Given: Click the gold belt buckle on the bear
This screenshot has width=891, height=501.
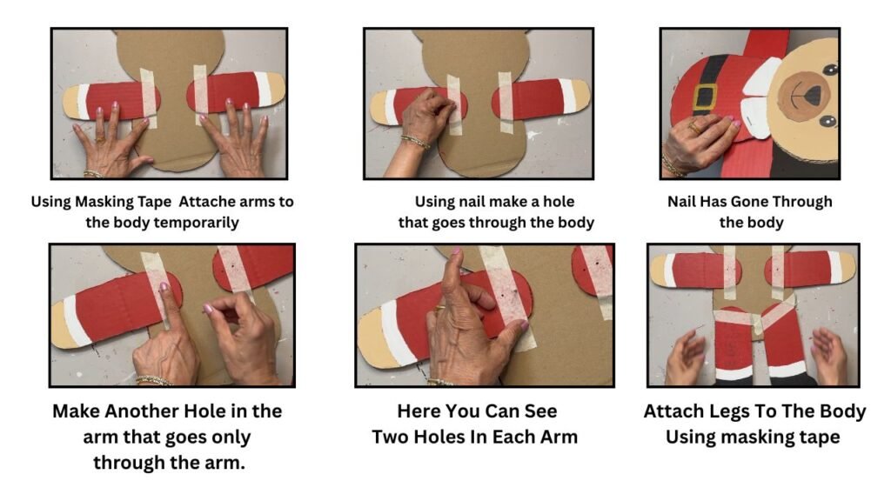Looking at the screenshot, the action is (x=704, y=97).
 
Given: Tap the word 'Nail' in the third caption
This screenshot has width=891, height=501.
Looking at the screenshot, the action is (x=681, y=202).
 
